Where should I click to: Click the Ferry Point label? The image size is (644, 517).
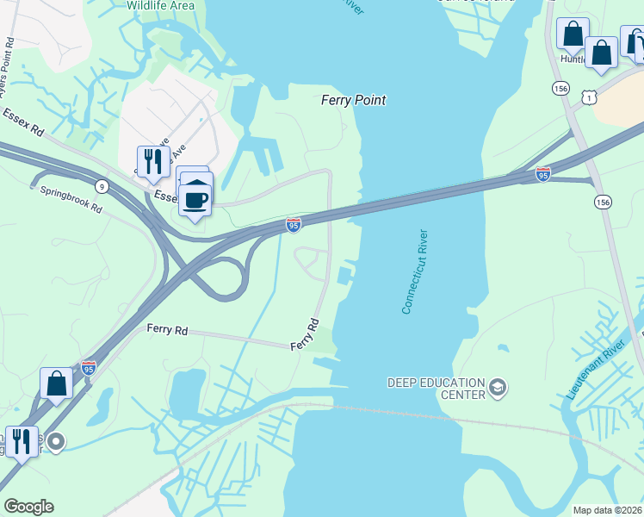pos(353,100)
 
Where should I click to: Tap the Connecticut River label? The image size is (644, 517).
pos(415,271)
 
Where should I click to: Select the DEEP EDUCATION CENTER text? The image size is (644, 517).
pos(436,389)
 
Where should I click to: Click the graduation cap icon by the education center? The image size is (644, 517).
pos(497,389)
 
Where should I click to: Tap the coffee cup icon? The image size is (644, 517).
pos(196,200)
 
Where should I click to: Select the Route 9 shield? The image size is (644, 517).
pos(103,186)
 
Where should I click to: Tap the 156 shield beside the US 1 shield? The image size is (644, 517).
pos(561,88)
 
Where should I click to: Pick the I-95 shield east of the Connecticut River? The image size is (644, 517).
pos(543,174)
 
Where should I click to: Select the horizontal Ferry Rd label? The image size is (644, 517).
pos(167,329)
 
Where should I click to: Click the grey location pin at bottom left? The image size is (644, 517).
pos(56,443)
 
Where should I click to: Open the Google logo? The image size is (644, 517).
pos(28,507)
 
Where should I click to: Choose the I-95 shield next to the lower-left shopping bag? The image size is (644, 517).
pos(88,368)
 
